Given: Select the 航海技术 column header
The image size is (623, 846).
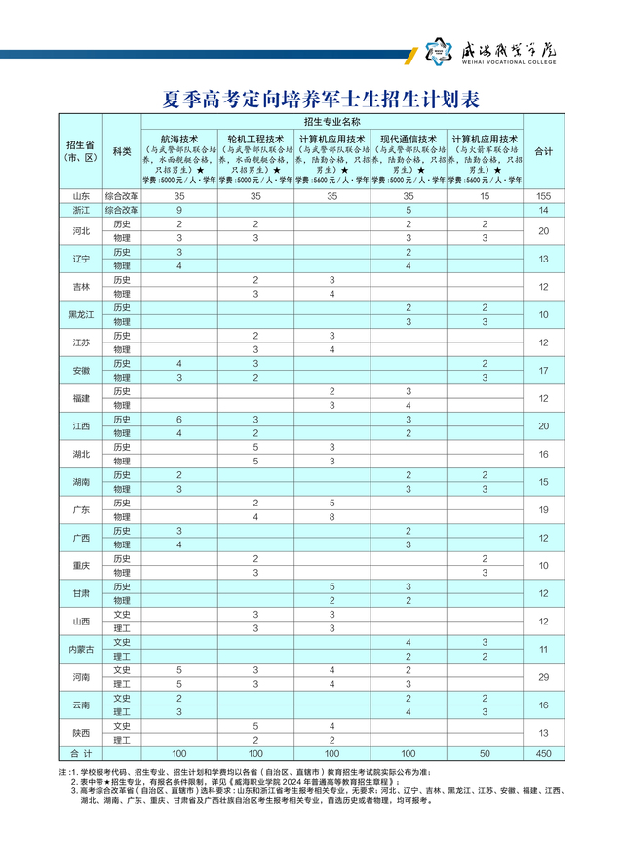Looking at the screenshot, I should pos(179,140).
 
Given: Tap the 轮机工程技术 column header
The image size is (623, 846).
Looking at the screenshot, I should pos(255,140).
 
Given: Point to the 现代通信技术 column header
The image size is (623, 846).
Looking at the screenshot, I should pos(409,140).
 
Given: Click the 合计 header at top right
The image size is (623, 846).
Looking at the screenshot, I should pos(544,152).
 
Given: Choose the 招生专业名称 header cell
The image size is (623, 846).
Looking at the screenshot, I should pos(332,122).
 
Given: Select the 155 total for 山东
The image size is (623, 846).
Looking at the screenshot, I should pos(544,196).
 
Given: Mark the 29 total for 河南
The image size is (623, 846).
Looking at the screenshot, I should pos(544,676).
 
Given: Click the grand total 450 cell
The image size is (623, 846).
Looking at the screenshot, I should pos(544,753).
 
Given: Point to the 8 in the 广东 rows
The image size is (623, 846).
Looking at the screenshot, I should pos(332,516).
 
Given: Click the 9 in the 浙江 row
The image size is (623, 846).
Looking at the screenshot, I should pos(179,210).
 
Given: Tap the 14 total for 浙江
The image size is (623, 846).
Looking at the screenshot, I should pos(544,210).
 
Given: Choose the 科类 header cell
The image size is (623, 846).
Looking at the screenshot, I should pos(122,152).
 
